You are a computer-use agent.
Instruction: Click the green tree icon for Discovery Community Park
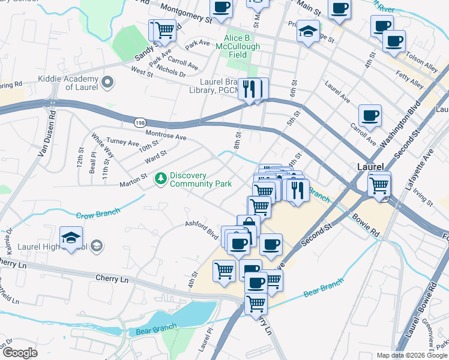pos(160,178)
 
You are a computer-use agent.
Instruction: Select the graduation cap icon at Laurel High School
pos(71,237)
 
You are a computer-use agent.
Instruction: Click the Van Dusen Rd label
pos(47,134)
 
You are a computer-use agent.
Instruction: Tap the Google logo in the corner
pos(20,353)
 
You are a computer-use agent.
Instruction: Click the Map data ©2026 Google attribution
pos(411,355)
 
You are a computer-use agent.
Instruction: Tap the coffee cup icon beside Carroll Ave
pos(370,115)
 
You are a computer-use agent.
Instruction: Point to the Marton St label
pos(133,178)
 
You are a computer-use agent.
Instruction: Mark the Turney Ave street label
pos(122,143)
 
